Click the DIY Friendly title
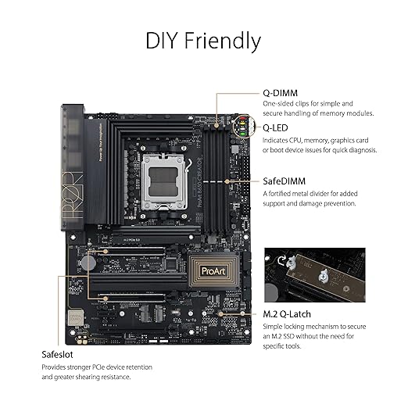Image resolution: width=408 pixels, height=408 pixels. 203,41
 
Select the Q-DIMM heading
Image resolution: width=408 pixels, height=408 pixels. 280,93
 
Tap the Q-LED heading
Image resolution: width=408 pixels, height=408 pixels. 275,128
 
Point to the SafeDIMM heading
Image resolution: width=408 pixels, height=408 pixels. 284,181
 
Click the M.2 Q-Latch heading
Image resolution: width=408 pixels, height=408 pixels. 287,314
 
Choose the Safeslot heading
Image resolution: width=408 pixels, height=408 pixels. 57,355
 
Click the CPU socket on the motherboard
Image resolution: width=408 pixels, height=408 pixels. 163,181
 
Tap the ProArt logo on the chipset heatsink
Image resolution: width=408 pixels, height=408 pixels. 213,271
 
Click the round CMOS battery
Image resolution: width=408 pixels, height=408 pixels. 88,263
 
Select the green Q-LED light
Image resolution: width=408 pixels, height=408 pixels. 242,134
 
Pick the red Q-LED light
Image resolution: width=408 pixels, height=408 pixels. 242,119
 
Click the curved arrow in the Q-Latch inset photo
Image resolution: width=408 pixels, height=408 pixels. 281,260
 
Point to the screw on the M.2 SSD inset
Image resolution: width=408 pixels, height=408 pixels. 324,275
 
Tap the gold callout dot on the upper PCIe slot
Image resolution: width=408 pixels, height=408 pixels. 106,252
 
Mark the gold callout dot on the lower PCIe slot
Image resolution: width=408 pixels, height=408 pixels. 106,299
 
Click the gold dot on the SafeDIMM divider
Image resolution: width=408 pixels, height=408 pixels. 227,181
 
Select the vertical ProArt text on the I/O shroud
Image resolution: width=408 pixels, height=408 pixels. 72,194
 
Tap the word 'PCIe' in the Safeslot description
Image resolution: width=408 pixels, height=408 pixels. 98,367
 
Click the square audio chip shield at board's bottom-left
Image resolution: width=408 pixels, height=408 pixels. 76,317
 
